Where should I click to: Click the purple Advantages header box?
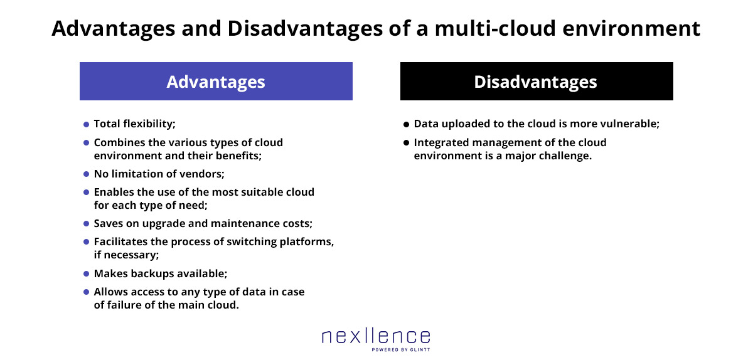(x=216, y=81)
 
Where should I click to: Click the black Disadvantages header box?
(x=537, y=81)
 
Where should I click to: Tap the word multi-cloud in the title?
(x=495, y=28)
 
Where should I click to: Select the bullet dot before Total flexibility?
(x=86, y=124)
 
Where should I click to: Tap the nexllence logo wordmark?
(x=376, y=336)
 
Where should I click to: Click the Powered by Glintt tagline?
(x=401, y=350)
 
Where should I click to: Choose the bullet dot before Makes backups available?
(x=86, y=274)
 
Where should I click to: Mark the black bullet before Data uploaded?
(x=406, y=124)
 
